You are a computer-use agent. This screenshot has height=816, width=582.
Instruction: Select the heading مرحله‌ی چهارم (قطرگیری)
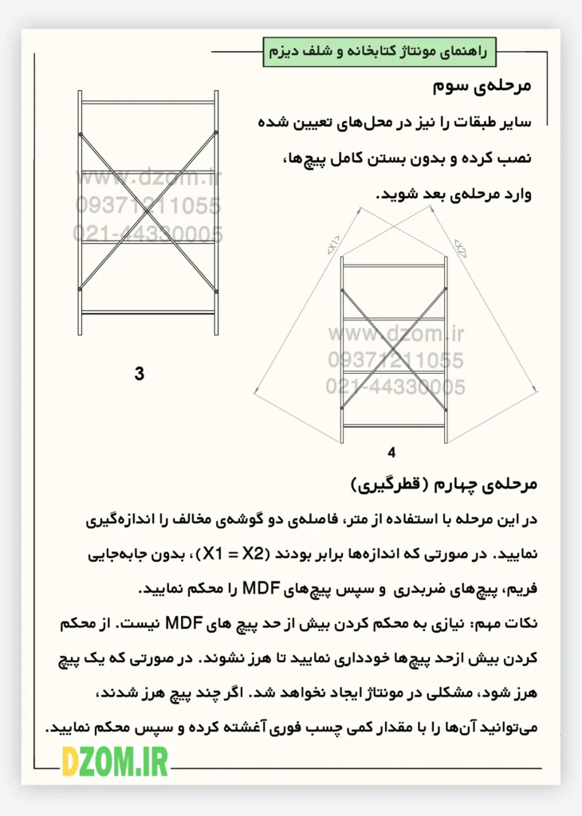click(x=446, y=484)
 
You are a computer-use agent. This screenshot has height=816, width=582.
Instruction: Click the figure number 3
click(x=140, y=373)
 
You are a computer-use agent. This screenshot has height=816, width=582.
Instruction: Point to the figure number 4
click(x=391, y=453)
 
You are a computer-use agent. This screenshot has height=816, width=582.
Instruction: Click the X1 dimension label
click(x=332, y=243)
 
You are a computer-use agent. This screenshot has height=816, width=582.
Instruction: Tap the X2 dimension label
click(x=460, y=245)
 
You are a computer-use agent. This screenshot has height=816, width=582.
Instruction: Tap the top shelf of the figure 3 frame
click(x=148, y=102)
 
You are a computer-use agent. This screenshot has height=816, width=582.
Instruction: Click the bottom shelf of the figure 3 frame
click(x=148, y=312)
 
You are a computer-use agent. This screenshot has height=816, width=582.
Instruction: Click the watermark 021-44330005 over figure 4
click(x=395, y=387)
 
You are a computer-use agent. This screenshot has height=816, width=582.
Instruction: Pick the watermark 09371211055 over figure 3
click(x=148, y=206)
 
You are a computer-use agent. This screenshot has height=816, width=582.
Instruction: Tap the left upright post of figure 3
click(x=80, y=212)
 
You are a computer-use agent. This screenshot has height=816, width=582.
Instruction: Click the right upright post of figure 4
click(x=446, y=350)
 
